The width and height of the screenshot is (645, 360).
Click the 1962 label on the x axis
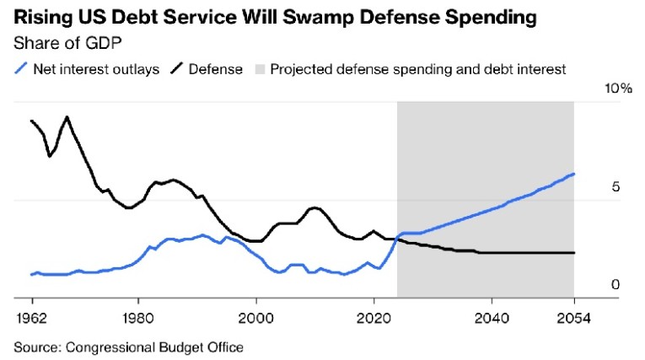[x=31, y=320]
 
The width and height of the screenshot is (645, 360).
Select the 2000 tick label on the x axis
[x=255, y=320]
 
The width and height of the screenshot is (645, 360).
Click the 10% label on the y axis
[x=608, y=89]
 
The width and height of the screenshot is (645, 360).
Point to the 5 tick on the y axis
[x=615, y=187]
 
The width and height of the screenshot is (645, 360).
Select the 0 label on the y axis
[x=615, y=285]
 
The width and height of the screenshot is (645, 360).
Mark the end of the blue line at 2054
[x=573, y=175]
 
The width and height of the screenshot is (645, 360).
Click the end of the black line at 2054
[x=573, y=253]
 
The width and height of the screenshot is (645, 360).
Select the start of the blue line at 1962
[x=31, y=274]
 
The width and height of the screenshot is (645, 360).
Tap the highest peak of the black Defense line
[x=67, y=116]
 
